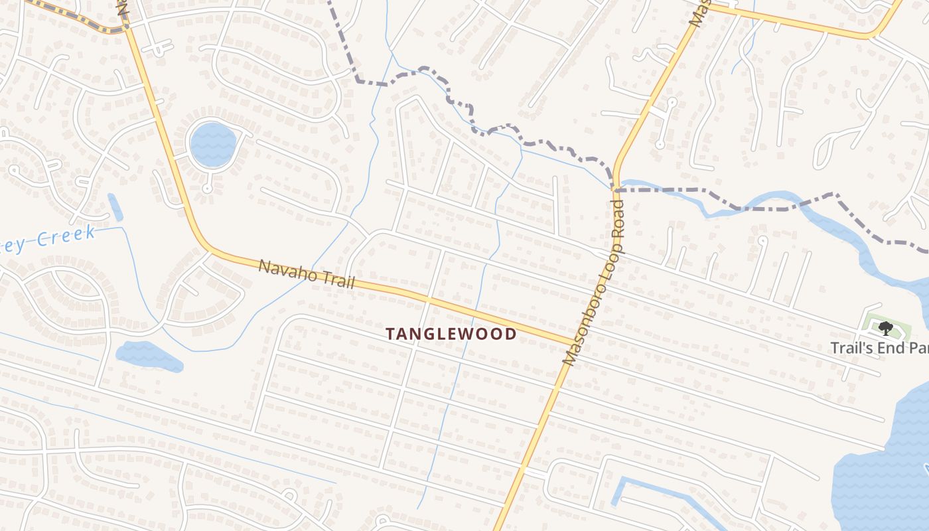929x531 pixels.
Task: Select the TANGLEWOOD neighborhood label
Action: (451, 334)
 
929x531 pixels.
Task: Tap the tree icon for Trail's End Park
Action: (885, 328)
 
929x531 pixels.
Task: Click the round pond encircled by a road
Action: (212, 144)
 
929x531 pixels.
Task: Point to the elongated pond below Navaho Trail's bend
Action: (149, 356)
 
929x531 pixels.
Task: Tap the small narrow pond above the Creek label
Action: (115, 207)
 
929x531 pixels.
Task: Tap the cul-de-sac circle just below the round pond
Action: (207, 189)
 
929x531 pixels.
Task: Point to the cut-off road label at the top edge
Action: (696, 12)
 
